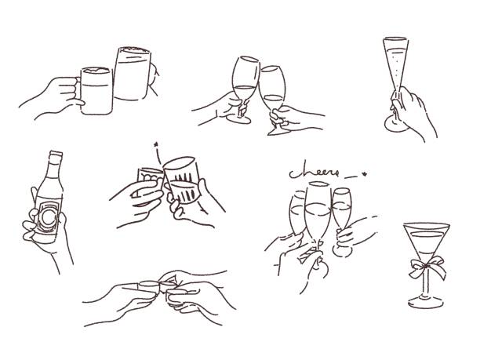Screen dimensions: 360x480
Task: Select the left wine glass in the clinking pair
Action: [245, 78]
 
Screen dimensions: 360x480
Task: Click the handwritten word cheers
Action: [310, 173]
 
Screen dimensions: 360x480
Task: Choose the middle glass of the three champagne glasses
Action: [317, 210]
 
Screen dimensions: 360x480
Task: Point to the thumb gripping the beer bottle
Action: [30, 216]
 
